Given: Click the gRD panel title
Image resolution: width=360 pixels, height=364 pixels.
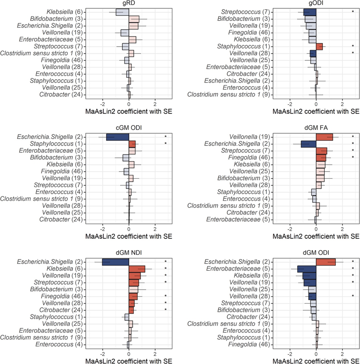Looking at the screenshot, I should (x=129, y=4).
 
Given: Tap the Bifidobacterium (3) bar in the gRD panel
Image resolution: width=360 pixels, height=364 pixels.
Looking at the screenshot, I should (x=134, y=19).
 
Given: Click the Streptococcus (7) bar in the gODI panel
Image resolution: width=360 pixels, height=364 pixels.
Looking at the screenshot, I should (x=310, y=12).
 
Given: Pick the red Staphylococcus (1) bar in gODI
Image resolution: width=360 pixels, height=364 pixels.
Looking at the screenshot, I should (x=319, y=46).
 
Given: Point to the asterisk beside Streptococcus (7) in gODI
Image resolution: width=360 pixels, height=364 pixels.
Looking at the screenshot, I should (x=353, y=12).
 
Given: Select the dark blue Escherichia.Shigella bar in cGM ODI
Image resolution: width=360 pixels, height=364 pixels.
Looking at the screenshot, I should (x=117, y=137).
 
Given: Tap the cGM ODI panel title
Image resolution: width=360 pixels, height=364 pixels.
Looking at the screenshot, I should (x=129, y=129).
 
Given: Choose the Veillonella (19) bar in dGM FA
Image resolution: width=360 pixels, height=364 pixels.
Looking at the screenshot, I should (x=325, y=137).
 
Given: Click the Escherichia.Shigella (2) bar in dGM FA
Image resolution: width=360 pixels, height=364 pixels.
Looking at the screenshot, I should (x=308, y=144).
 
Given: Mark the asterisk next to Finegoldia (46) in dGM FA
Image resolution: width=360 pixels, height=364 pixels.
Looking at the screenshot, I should (x=353, y=157).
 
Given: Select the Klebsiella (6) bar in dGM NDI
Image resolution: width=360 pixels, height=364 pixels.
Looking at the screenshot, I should (x=137, y=269).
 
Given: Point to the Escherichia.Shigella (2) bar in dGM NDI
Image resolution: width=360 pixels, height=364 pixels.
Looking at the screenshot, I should (x=115, y=262).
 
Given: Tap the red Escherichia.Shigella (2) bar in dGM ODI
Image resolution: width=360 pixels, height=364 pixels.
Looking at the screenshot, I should (x=326, y=262).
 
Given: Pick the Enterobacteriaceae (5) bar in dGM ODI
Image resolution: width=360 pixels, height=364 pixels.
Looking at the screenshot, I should (x=307, y=269).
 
